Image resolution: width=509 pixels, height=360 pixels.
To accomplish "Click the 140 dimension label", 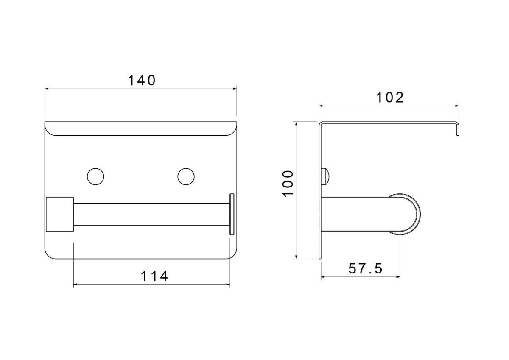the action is point(142,81).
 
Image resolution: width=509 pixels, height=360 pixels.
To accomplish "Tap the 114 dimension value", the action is point(154,276).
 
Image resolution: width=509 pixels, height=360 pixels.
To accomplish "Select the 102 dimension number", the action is point(390,98).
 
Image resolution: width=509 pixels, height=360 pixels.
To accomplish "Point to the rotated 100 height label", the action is point(288,184).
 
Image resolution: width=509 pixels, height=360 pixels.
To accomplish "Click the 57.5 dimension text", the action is point(366,268).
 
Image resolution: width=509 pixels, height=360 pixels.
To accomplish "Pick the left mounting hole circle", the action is point(95,176).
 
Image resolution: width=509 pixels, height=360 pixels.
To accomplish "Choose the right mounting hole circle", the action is point(186,176).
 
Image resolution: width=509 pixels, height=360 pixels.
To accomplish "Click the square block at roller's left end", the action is point(60,214).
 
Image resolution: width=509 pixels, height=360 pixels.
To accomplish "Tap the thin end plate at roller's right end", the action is point(232,214).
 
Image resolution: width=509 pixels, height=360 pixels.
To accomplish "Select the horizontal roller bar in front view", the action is point(151,215).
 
